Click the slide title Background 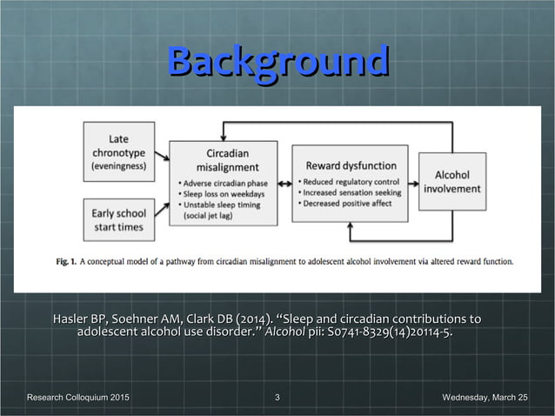[277, 62]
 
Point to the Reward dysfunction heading [350, 164]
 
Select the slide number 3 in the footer [277, 398]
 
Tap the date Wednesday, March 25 [485, 398]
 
